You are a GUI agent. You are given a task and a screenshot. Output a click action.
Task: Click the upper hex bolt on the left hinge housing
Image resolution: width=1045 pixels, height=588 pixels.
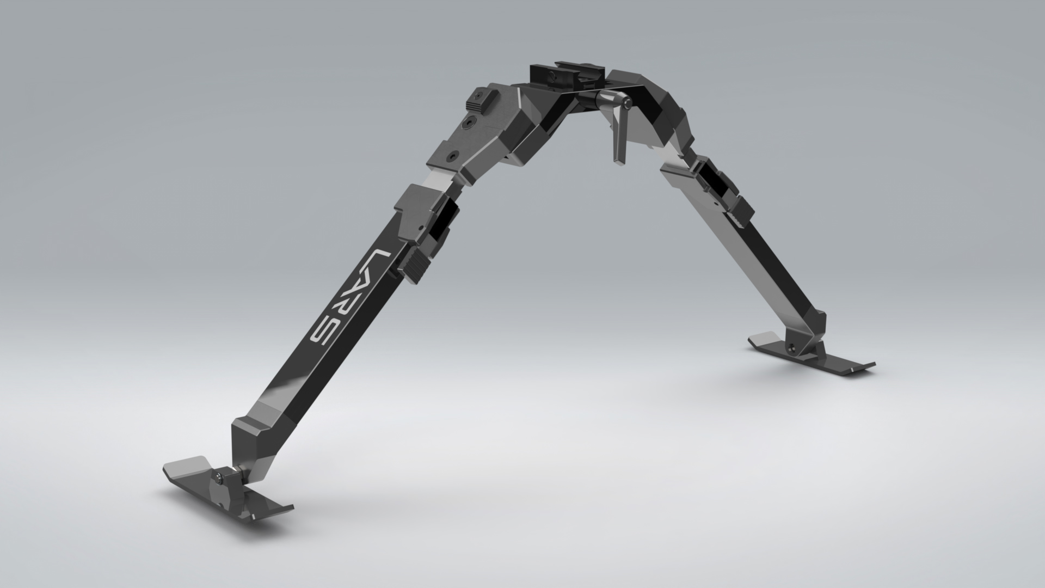[470, 124]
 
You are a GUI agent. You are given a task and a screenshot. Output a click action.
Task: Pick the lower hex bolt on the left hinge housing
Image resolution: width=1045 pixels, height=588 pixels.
[451, 157]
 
